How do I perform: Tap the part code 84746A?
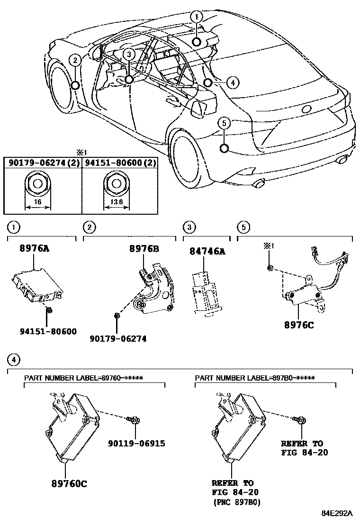208,251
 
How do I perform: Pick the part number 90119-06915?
136,444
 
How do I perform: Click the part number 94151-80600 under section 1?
48,332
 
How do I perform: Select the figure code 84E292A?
337,513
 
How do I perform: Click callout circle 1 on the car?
197,17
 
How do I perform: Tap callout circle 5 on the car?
225,123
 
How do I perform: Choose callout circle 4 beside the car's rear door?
231,82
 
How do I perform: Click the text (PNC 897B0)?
237,502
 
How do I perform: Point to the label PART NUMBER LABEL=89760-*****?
83,378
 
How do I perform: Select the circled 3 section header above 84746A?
189,227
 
